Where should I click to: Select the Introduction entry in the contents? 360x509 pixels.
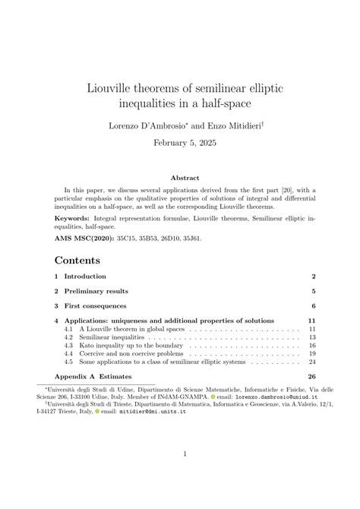coord(85,276)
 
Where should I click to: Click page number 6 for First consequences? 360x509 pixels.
coord(313,306)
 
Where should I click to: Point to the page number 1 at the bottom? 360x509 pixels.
coord(185,476)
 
